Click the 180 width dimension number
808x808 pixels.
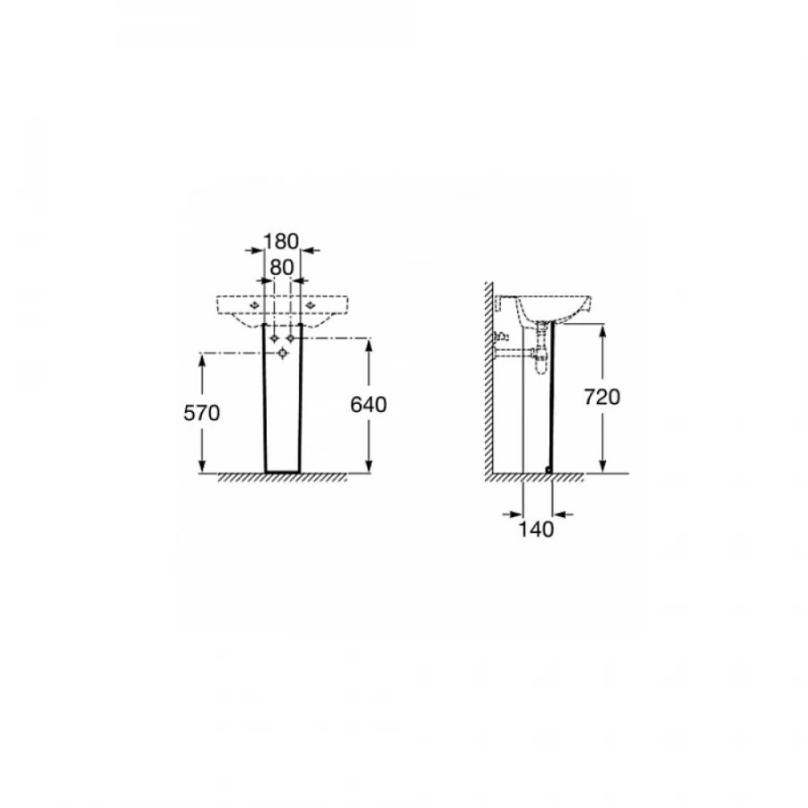[x=281, y=242]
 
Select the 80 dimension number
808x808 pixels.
[x=282, y=268]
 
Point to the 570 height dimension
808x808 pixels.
[x=201, y=413]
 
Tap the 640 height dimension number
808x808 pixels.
[x=368, y=405]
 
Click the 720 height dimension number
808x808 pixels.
[x=602, y=397]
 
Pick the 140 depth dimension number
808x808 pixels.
[x=536, y=529]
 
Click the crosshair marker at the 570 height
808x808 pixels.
[x=283, y=353]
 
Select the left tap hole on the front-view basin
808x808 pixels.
[x=253, y=305]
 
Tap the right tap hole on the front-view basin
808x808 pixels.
[x=311, y=305]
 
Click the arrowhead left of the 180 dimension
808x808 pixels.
[x=257, y=250]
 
